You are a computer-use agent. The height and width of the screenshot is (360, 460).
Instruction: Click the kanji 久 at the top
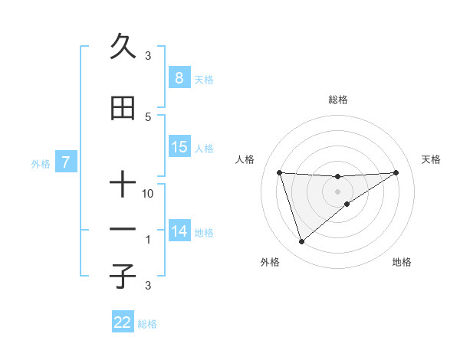(x=123, y=47)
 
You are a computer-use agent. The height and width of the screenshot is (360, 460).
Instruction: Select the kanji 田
(x=123, y=110)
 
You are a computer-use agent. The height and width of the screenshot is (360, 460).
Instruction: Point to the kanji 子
(x=123, y=275)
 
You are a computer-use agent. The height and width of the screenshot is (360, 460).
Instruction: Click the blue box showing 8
(x=179, y=77)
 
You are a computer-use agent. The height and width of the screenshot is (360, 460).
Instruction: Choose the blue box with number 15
(x=179, y=146)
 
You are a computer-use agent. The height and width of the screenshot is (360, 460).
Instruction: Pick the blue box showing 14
(x=179, y=231)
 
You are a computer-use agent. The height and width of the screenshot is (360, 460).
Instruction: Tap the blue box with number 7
(x=66, y=162)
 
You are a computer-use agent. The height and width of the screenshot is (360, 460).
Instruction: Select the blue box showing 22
(x=123, y=322)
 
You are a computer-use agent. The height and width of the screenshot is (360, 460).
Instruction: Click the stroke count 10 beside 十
(x=148, y=195)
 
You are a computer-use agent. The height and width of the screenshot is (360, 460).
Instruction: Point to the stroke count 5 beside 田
(x=148, y=117)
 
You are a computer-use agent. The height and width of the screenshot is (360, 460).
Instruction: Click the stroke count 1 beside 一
(x=149, y=240)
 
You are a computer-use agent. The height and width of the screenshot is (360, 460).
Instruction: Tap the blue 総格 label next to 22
(x=147, y=324)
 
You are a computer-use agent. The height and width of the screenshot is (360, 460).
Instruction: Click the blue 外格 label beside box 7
(x=41, y=164)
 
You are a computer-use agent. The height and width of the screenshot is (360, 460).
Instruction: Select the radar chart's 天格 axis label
(x=432, y=159)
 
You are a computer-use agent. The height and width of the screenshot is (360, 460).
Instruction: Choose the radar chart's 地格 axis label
(x=402, y=262)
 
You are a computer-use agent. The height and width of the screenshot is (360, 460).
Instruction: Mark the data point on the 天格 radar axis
(x=396, y=172)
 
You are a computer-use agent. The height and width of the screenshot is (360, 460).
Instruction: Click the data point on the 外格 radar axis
(x=301, y=242)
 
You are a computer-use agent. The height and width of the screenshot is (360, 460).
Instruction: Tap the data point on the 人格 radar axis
(x=280, y=172)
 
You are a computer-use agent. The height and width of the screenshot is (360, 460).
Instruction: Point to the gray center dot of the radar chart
(x=337, y=191)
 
